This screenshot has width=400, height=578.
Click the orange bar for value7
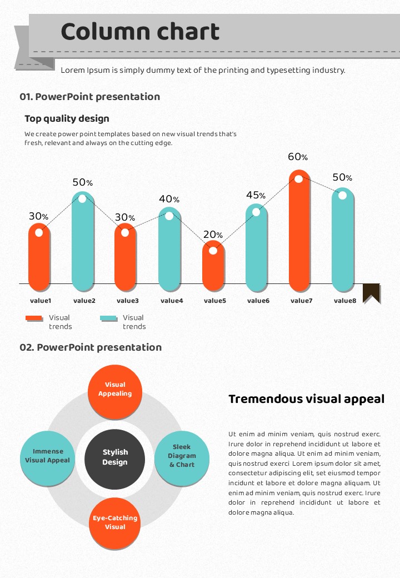pyautogui.click(x=299, y=233)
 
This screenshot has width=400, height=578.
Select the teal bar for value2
pyautogui.click(x=83, y=245)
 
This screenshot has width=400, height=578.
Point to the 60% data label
pyautogui.click(x=297, y=157)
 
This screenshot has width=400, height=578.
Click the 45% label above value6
pyautogui.click(x=256, y=195)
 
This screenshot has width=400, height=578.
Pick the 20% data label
pyautogui.click(x=213, y=235)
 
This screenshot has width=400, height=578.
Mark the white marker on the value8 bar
pyautogui.click(x=342, y=195)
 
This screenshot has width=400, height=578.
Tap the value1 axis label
pyautogui.click(x=41, y=301)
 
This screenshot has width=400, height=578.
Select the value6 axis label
pyautogui.click(x=258, y=301)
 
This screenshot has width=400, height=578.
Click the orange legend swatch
pyautogui.click(x=34, y=318)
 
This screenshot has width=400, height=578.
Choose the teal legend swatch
pyautogui.click(x=108, y=318)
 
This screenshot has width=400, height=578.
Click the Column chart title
pyautogui.click(x=140, y=32)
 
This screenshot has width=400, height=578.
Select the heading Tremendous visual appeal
pyautogui.click(x=306, y=399)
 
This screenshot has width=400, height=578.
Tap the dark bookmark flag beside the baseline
pyautogui.click(x=371, y=292)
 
